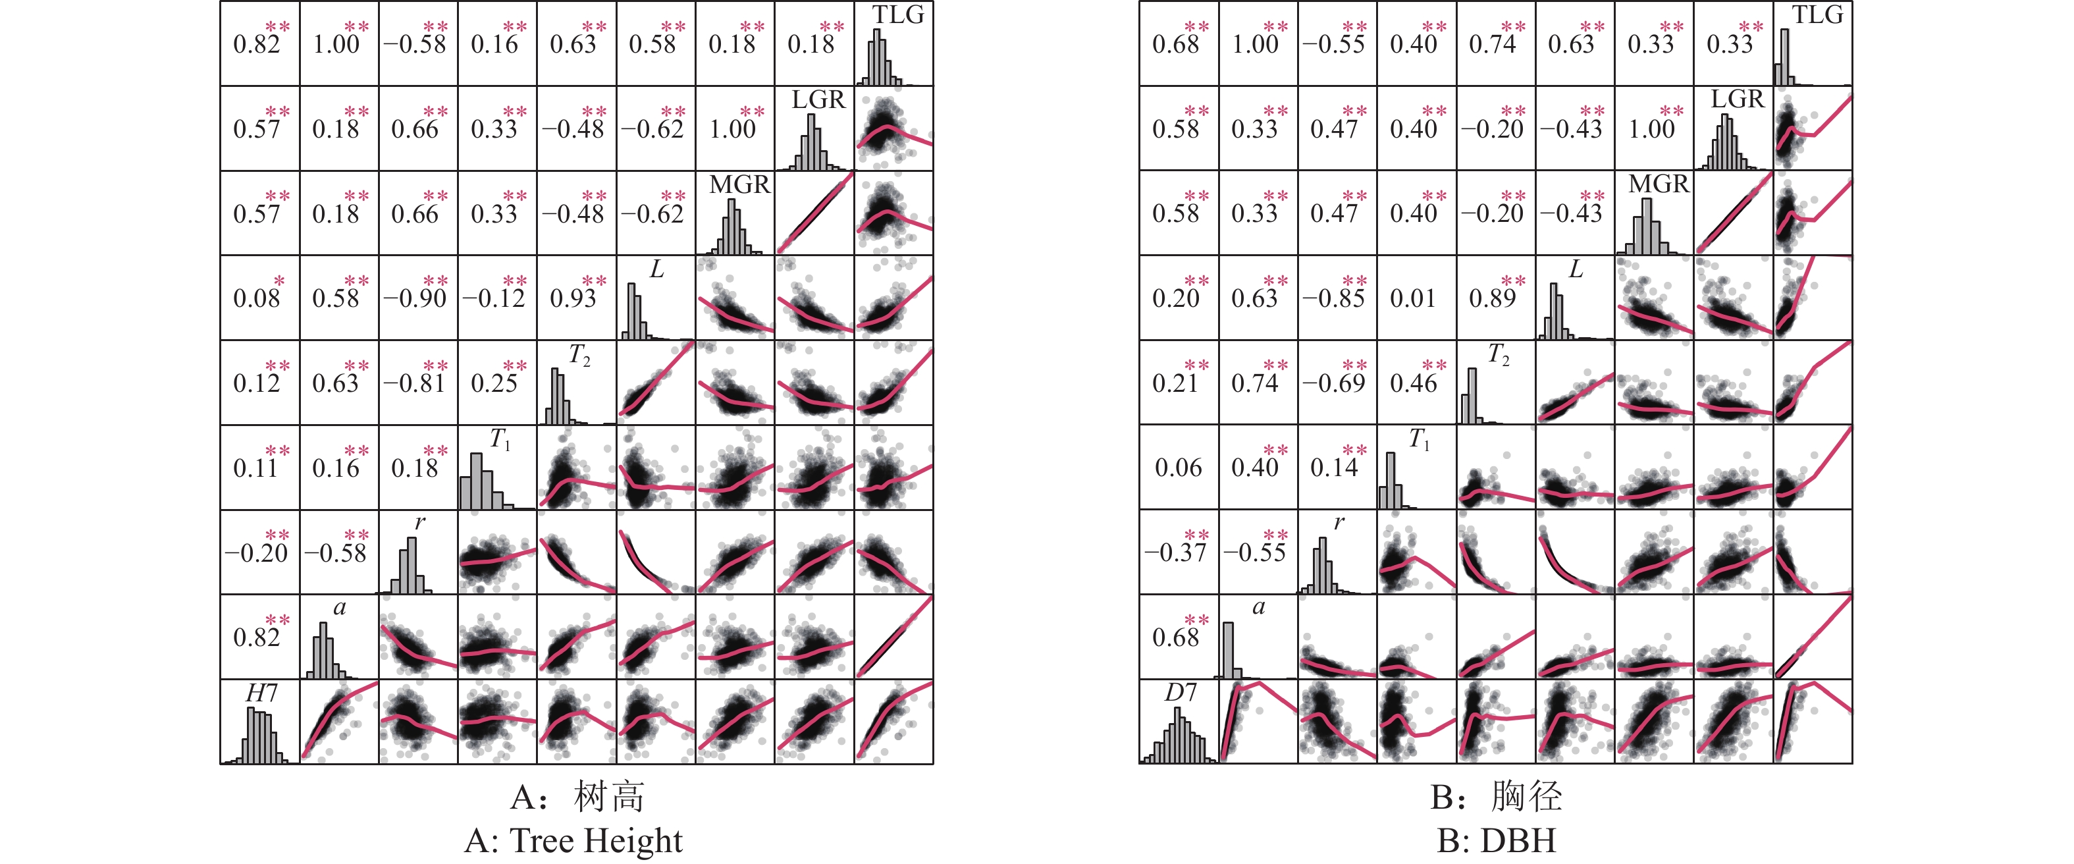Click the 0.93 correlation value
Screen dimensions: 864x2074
pos(573,299)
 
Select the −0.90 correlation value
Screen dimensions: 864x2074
pos(415,299)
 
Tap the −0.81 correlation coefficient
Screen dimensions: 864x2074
pos(415,383)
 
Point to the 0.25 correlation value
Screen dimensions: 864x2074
pos(494,383)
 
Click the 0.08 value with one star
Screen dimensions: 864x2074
pos(257,299)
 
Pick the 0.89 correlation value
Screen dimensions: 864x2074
pos(1492,299)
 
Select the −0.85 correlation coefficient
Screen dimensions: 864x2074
pos(1333,299)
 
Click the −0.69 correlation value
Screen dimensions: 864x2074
pos(1333,383)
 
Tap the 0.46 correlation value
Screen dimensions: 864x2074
pos(1413,383)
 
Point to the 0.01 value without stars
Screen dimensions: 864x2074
pos(1413,299)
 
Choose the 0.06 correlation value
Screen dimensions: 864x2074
pos(1178,468)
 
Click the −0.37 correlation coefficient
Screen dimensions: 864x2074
pos(1175,553)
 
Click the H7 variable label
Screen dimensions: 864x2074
pos(261,693)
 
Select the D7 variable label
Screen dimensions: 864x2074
pos(1181,693)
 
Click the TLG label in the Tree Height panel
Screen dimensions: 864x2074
pos(899,14)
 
